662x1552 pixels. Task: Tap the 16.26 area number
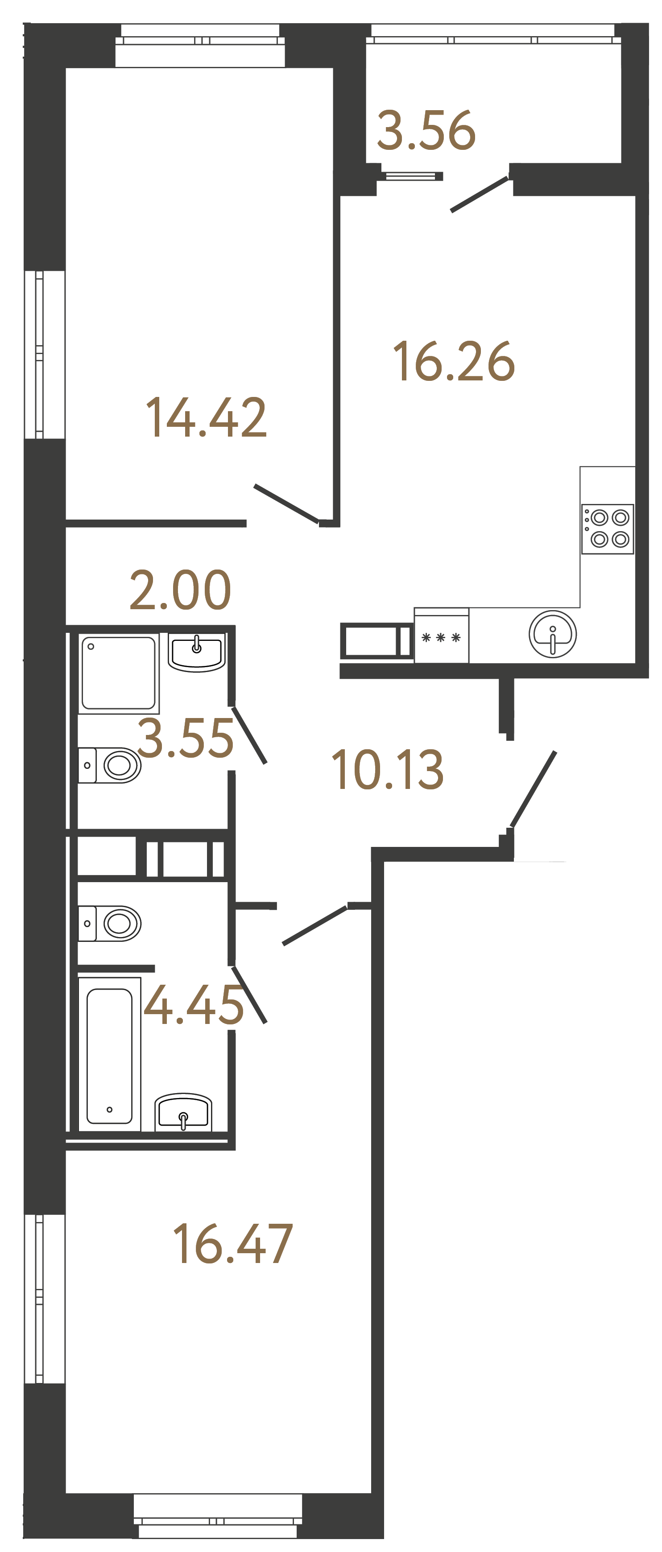pyautogui.click(x=454, y=362)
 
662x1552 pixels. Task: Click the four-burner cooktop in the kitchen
pyautogui.click(x=607, y=528)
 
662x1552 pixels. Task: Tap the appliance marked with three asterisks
pyautogui.click(x=441, y=637)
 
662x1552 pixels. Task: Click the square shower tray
pyautogui.click(x=119, y=673)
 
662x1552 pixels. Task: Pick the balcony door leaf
pyautogui.click(x=480, y=194)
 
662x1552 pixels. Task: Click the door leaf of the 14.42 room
pyautogui.click(x=286, y=503)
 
